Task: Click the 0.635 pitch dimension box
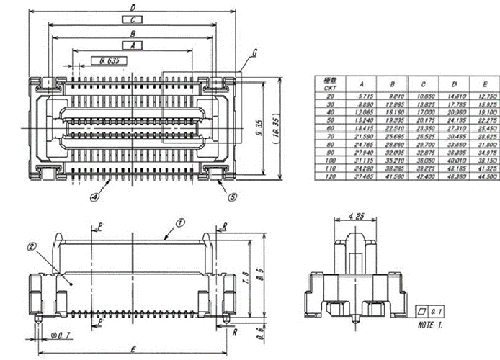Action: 109,60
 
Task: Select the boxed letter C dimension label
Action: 133,19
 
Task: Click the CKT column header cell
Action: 330,84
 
